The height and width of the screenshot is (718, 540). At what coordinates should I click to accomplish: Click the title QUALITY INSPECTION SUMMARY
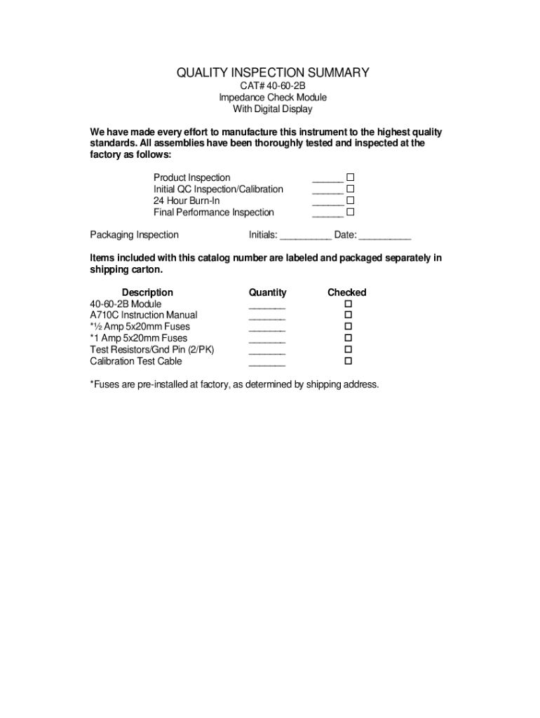point(272,73)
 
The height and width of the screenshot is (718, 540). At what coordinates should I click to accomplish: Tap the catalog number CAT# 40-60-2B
point(272,86)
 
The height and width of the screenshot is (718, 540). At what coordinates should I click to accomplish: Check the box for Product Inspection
point(351,178)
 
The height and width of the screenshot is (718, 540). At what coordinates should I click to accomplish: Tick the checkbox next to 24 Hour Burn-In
point(351,201)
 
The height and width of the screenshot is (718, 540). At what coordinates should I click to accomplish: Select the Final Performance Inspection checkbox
point(351,212)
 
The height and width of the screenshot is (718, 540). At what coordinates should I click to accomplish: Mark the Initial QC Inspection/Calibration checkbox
point(351,189)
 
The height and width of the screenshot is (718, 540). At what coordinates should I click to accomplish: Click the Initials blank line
point(306,236)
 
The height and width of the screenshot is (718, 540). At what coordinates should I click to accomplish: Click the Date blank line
point(385,236)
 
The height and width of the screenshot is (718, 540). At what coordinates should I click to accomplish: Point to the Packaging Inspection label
point(135,235)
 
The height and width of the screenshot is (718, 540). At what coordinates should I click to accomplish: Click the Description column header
point(147,292)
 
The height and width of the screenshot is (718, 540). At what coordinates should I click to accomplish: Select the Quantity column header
point(267,292)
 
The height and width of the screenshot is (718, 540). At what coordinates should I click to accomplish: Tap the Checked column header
point(346,292)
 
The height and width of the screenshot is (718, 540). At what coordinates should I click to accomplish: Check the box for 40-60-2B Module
point(347,304)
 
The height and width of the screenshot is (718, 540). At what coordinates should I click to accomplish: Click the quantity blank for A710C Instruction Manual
point(267,317)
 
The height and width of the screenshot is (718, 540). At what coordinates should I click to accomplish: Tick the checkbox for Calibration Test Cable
point(347,361)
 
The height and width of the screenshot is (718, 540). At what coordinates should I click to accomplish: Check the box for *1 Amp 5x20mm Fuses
point(347,338)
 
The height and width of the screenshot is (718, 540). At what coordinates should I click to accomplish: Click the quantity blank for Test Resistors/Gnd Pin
point(267,351)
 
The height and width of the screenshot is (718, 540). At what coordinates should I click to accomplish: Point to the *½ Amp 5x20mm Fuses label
point(140,327)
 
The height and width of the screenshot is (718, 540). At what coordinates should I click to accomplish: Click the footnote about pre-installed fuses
point(234,384)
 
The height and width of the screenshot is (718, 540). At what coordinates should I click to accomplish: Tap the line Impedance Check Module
point(272,97)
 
